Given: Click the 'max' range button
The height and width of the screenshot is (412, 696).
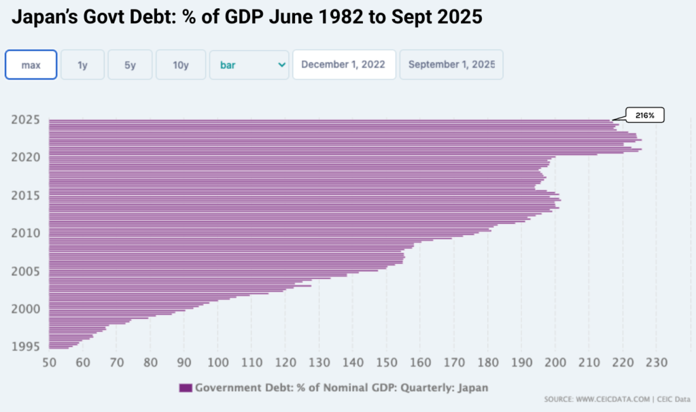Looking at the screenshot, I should tap(31, 65).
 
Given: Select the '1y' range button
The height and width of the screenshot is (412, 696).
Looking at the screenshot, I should tap(82, 65).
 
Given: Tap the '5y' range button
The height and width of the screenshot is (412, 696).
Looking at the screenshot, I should tap(130, 65).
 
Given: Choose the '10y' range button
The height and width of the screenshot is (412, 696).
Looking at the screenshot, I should tap(180, 65).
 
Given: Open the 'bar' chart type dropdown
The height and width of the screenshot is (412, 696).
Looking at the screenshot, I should tap(249, 65).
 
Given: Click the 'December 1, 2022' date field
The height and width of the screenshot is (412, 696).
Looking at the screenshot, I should tap(344, 65).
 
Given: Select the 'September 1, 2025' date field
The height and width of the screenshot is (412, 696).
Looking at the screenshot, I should tap(451, 65).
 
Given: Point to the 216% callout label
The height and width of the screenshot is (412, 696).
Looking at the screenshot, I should tap(644, 116).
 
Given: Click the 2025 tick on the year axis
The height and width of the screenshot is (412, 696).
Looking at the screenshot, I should tap(25, 120).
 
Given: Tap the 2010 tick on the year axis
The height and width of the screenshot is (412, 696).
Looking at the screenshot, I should tap(25, 233).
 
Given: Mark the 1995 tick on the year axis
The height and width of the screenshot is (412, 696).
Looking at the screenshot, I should tap(25, 347).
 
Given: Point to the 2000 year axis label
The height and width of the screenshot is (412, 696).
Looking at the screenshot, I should tap(25, 309).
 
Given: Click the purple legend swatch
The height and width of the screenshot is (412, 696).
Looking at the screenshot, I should tap(186, 388).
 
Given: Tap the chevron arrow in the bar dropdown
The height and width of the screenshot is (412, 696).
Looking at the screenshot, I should tap(281, 65).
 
